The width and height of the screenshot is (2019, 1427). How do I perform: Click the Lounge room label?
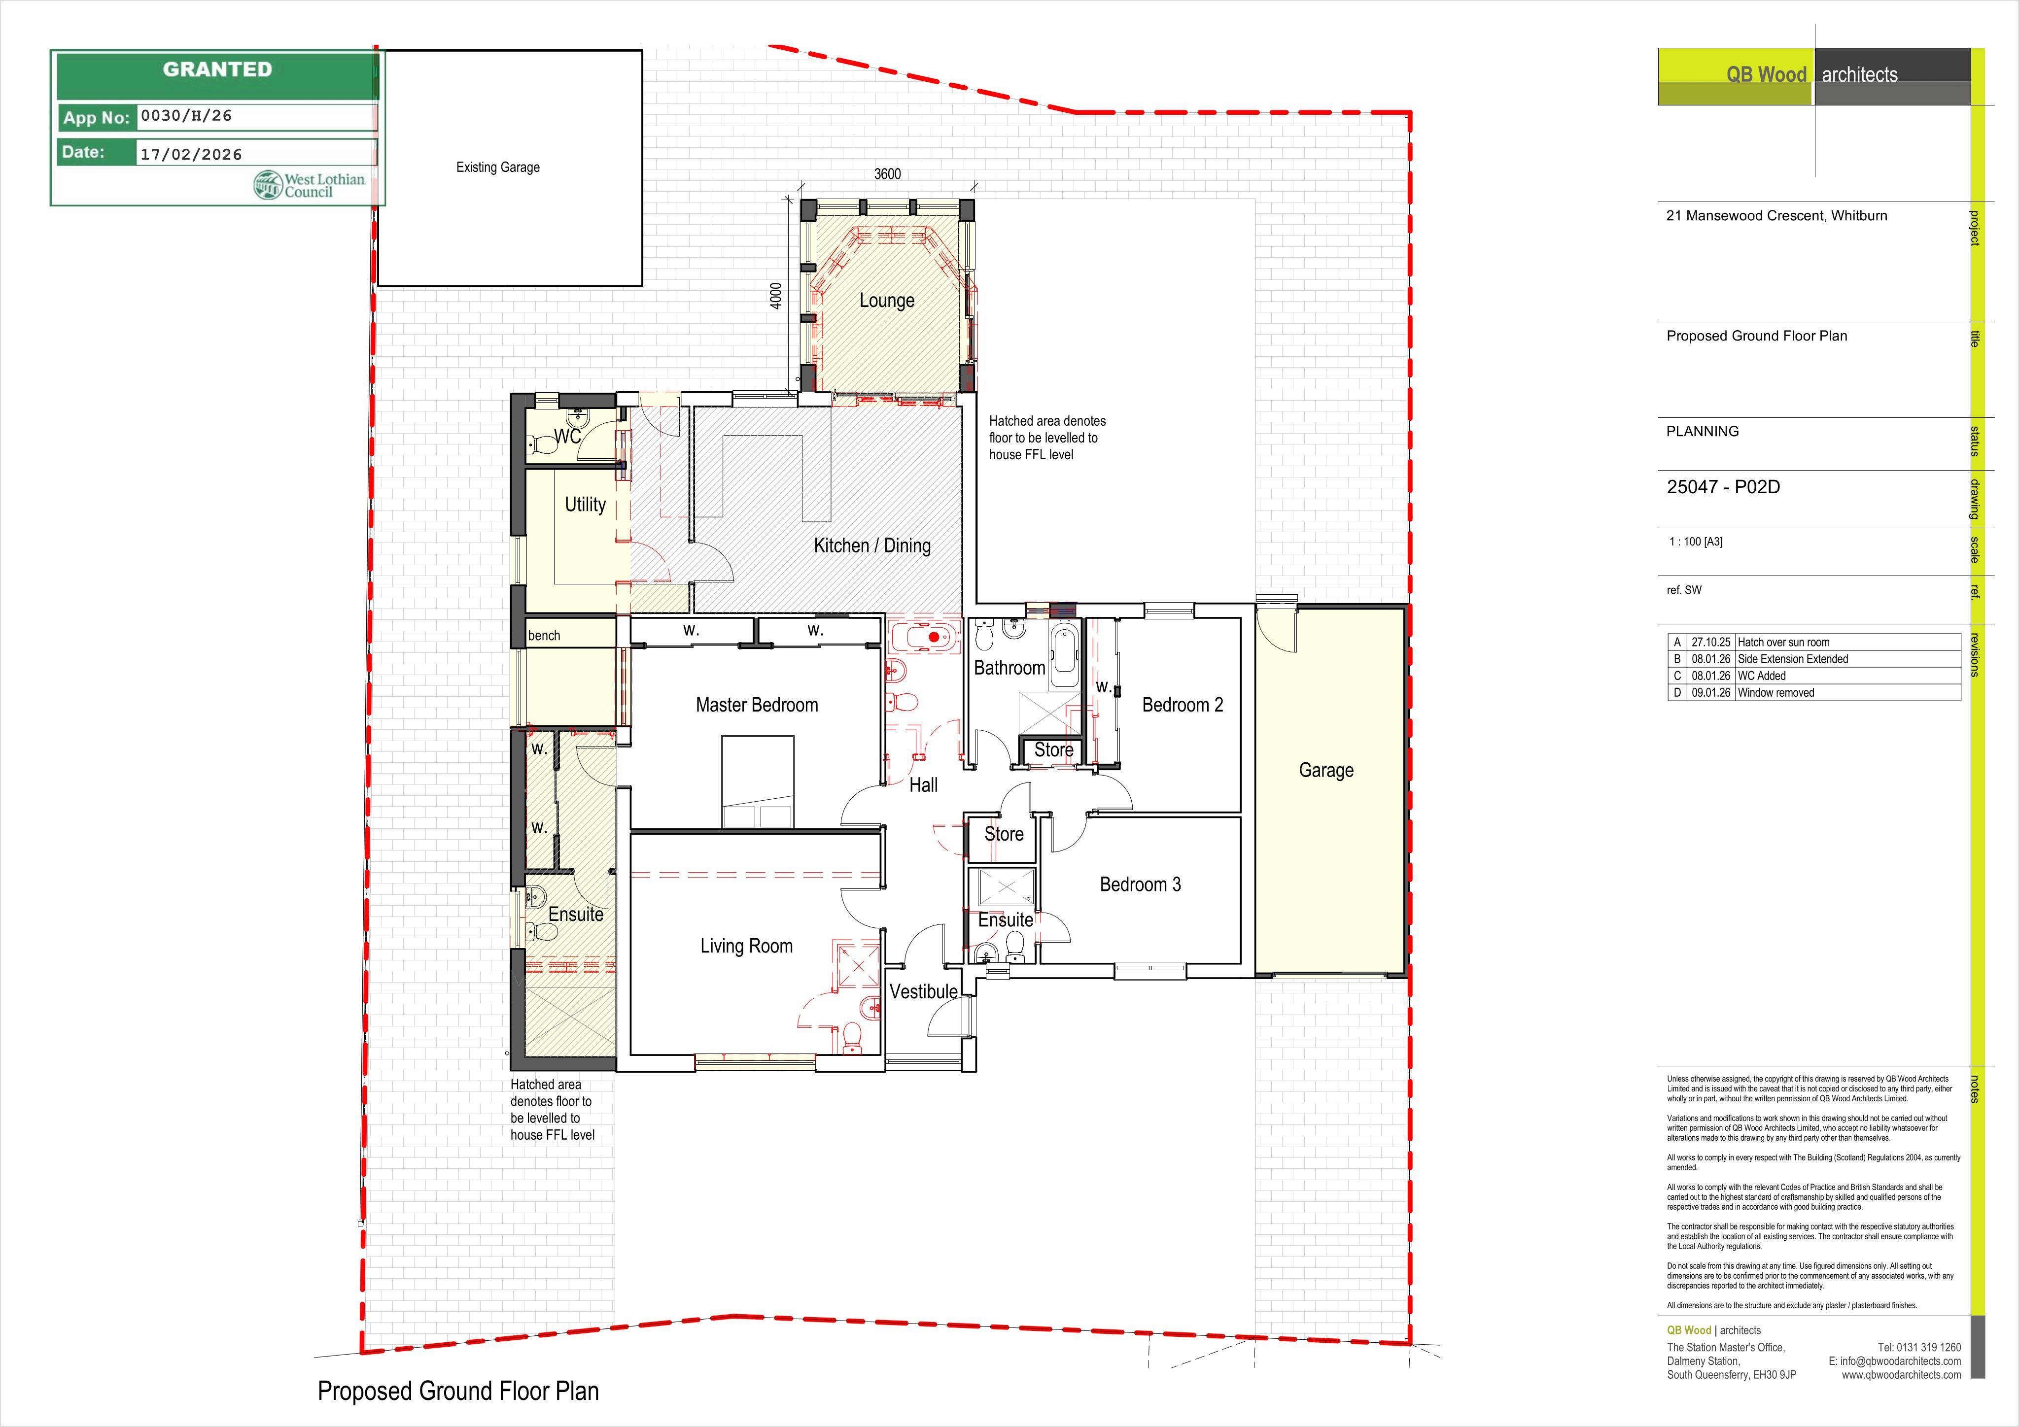[886, 301]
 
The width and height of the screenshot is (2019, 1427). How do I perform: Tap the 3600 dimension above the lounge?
[887, 174]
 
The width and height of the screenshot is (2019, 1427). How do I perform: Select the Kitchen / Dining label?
[872, 546]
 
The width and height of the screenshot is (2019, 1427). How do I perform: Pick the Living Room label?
[747, 946]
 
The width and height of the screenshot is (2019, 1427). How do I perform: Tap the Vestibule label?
[923, 992]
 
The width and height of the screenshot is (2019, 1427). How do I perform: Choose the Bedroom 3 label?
[1141, 884]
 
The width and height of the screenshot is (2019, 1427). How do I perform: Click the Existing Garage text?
[498, 167]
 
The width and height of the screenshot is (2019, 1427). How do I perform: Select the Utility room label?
[585, 505]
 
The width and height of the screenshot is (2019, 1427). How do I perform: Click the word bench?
[544, 636]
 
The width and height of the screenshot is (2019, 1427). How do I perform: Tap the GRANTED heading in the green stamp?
[217, 69]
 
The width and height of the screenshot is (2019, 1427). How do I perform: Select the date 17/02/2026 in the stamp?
[191, 154]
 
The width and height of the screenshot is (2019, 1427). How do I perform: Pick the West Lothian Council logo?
[309, 185]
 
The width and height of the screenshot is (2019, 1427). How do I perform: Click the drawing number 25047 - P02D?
[1724, 487]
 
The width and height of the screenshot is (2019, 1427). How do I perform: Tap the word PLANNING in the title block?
[1703, 432]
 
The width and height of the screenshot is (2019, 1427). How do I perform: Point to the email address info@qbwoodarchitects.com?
[1899, 1361]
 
